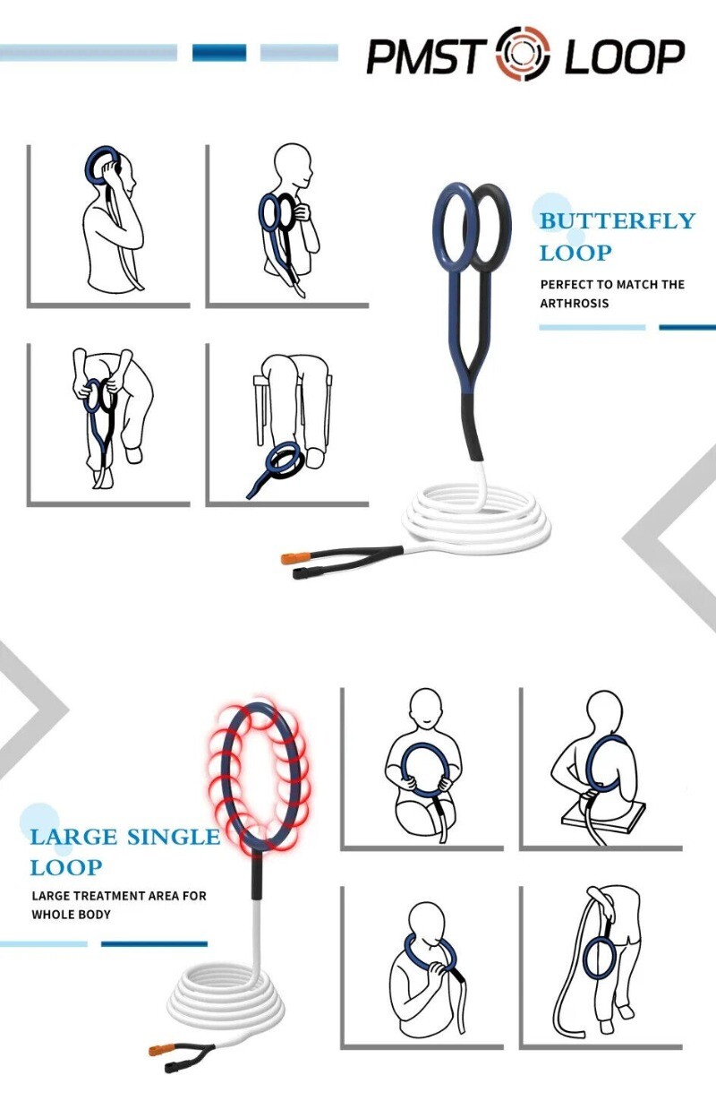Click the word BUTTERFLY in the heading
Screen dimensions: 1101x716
[618, 221]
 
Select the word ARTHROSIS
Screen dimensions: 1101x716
[574, 303]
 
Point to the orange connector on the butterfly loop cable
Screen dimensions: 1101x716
[294, 558]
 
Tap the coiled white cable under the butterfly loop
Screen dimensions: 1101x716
[474, 520]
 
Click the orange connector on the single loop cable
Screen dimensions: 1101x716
[162, 1049]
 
